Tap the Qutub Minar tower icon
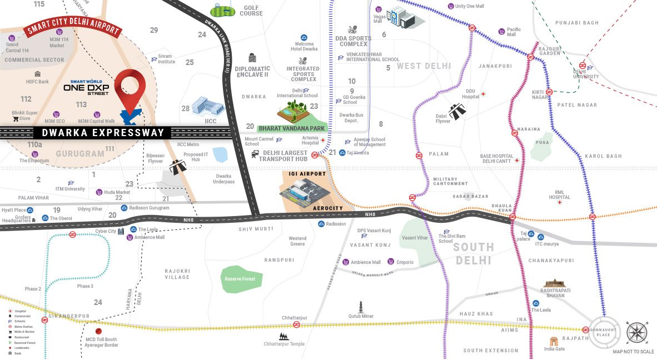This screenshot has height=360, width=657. click(360, 306)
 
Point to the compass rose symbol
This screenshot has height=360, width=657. click(636, 333)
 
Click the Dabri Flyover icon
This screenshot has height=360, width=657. click(457, 111)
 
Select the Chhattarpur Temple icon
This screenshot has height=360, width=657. click(284, 336)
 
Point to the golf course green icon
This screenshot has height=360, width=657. click(223, 10)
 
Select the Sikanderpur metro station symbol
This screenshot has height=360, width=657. click(44, 320)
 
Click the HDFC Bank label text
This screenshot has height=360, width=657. click(37, 82)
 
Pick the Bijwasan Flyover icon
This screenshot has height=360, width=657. click(178, 166)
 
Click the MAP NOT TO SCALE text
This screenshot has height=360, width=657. click(633, 352)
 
